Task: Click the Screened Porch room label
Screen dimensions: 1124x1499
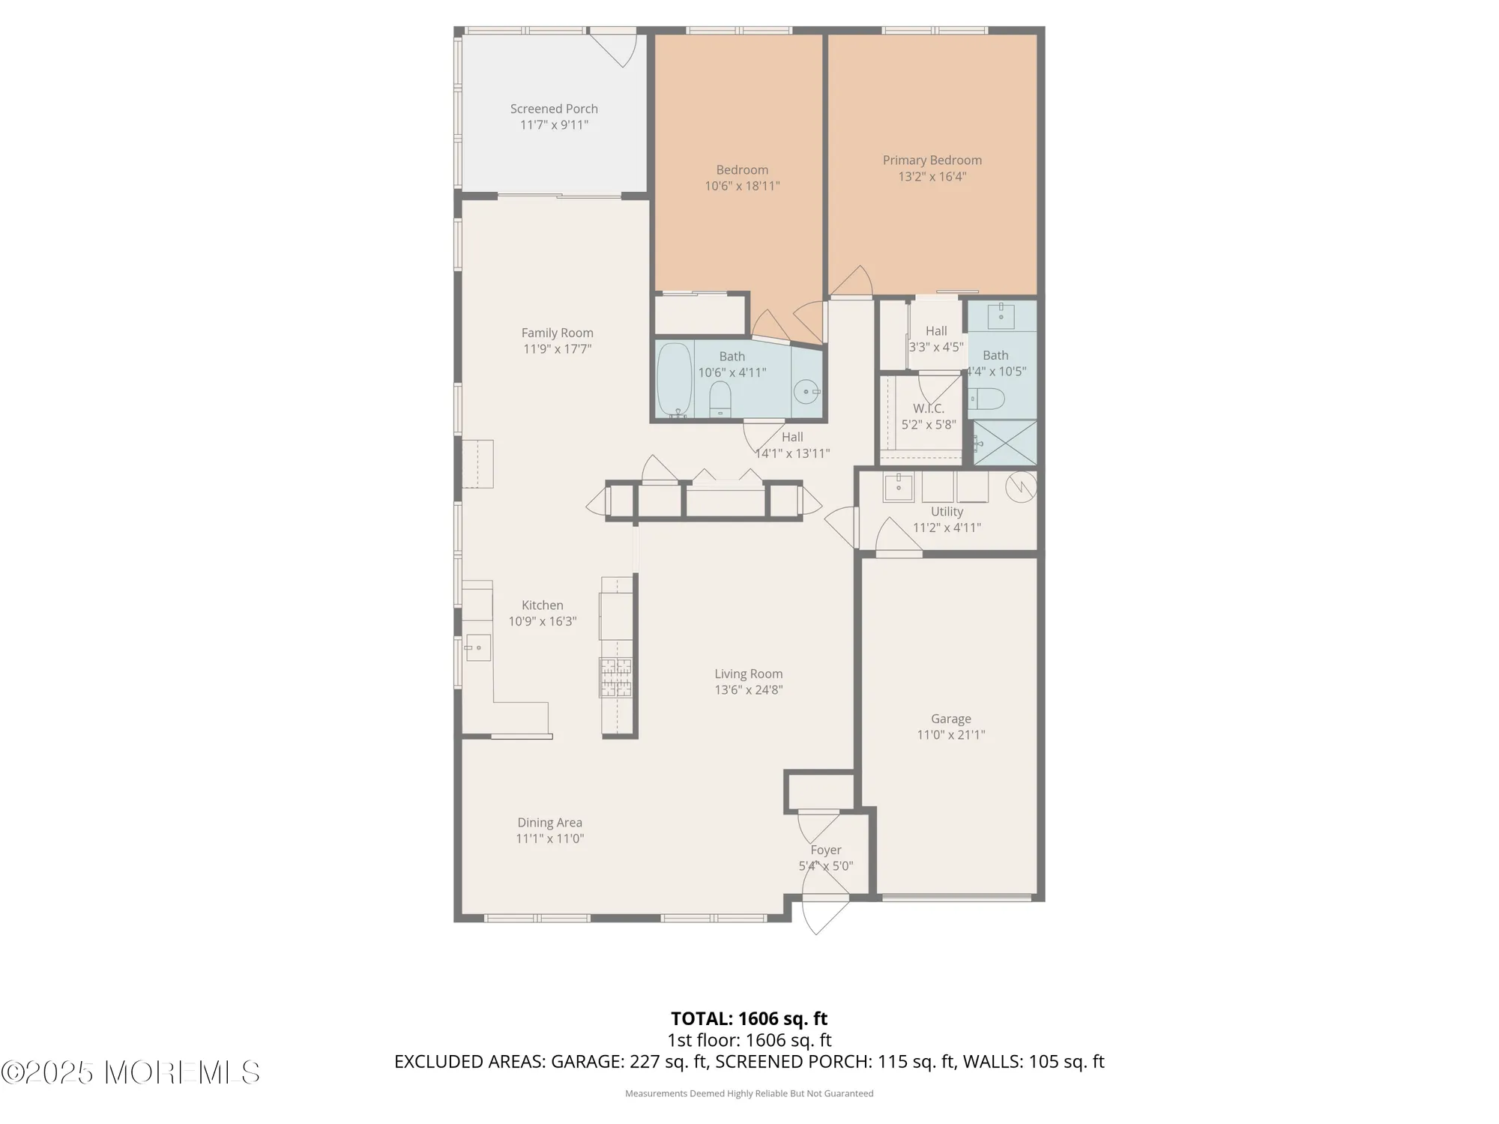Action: pyautogui.click(x=554, y=109)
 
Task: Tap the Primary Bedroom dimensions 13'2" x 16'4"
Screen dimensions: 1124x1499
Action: pyautogui.click(x=932, y=177)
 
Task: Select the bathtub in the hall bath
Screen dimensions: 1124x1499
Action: pyautogui.click(x=675, y=380)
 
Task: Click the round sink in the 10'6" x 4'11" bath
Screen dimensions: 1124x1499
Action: pyautogui.click(x=806, y=390)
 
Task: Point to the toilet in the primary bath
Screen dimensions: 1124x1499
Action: pyautogui.click(x=986, y=398)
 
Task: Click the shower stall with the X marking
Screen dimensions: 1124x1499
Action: pyautogui.click(x=1005, y=443)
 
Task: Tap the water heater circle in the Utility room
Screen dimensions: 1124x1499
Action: pyautogui.click(x=1020, y=486)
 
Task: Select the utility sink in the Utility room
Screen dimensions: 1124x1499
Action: pyautogui.click(x=898, y=486)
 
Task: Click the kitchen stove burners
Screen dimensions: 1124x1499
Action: pyautogui.click(x=615, y=677)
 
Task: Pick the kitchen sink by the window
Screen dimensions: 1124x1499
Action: pyautogui.click(x=477, y=647)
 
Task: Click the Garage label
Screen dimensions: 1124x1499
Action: pyautogui.click(x=950, y=719)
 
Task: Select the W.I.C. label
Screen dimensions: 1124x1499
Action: pyautogui.click(x=928, y=408)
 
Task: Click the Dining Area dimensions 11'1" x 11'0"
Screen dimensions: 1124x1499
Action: pyautogui.click(x=549, y=839)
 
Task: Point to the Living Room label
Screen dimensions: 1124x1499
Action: pyautogui.click(x=748, y=674)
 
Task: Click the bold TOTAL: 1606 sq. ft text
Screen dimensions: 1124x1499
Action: pyautogui.click(x=749, y=1018)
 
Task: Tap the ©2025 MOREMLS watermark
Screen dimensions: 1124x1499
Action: pyautogui.click(x=130, y=1072)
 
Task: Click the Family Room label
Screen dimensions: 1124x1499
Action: pyautogui.click(x=557, y=333)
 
